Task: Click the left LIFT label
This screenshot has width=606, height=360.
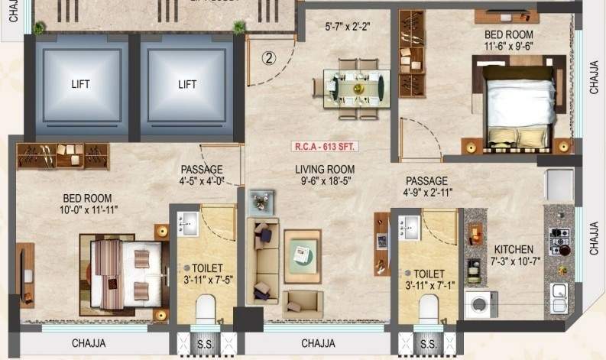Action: [80, 85]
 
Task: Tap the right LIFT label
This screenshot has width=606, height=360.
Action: [187, 85]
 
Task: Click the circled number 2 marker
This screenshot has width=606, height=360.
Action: [268, 57]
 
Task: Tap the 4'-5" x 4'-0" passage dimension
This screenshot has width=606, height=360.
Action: [202, 183]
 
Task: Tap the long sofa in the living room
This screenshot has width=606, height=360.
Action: [261, 260]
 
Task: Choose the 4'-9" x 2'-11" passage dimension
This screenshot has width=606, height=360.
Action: [426, 193]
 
